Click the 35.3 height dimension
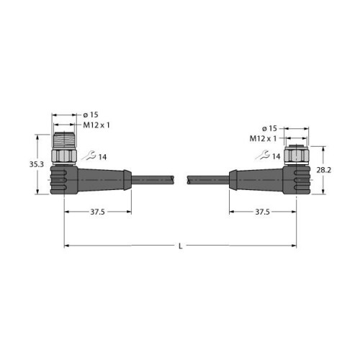click(x=25, y=163)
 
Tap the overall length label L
click(x=180, y=246)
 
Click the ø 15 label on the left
click(x=91, y=114)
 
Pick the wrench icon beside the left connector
click(x=89, y=155)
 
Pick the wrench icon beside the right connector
click(x=266, y=155)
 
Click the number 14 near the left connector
click(x=103, y=156)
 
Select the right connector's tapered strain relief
click(x=256, y=179)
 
